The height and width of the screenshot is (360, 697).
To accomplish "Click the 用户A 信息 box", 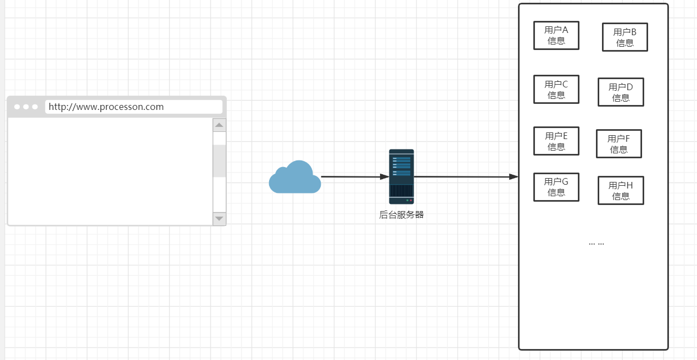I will pos(556,35).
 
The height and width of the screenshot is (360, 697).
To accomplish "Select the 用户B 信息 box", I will pos(624,37).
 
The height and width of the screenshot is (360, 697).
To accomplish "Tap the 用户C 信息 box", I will pos(556,89).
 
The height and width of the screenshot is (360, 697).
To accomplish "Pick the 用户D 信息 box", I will pos(621,92).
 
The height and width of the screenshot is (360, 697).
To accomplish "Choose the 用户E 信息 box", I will pos(556,141).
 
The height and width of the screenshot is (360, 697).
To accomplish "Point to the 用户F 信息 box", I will pos(618,143).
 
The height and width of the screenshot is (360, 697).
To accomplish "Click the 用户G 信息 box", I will pos(556,187).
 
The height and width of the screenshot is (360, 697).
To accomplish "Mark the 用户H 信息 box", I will pos(621,190).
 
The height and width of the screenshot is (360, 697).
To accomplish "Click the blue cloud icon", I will pos(295,178).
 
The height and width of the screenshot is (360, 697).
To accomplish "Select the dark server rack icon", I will pos(402,176).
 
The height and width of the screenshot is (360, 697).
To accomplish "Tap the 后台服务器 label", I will pos(402,215).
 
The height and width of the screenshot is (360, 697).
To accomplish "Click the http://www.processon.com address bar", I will pos(133,107).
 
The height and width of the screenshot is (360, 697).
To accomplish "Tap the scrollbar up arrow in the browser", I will pos(220,125).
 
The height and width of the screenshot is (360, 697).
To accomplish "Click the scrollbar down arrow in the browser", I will pos(220,219).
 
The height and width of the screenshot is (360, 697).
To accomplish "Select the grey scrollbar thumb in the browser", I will pos(220,160).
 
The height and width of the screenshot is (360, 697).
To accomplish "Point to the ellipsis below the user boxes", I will pos(596,243).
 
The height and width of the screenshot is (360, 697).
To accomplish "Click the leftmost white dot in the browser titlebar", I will pos(17,107).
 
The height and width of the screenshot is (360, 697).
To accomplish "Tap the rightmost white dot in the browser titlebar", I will pos(35,107).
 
